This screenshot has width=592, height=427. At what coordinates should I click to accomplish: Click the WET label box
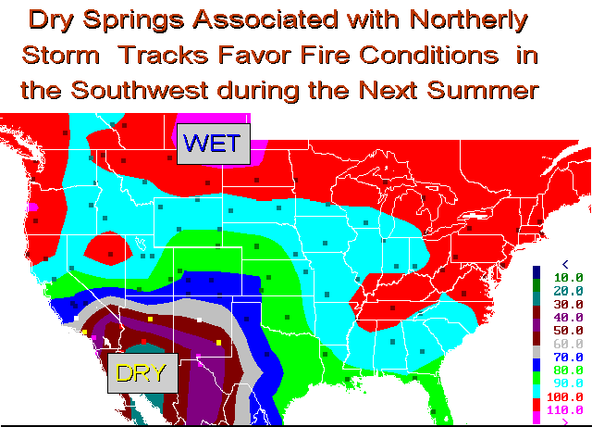click(214, 144)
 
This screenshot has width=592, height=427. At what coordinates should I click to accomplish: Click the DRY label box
click(142, 373)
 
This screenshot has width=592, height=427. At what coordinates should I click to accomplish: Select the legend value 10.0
click(568, 278)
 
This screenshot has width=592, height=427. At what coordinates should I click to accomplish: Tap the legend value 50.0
click(568, 331)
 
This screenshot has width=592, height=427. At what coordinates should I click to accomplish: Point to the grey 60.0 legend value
click(568, 344)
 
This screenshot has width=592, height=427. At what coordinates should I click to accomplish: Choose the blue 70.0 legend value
click(568, 357)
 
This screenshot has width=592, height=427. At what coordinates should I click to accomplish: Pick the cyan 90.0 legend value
click(568, 383)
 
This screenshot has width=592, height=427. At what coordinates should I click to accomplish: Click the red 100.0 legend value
click(565, 396)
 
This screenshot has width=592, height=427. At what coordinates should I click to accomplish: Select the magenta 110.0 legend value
click(565, 410)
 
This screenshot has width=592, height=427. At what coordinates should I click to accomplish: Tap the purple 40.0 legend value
click(568, 318)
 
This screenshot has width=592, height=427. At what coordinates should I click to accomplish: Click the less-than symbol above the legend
click(565, 264)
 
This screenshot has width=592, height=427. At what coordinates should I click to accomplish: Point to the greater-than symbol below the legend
click(565, 421)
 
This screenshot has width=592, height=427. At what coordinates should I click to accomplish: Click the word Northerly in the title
click(468, 20)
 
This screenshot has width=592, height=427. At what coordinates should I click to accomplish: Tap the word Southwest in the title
click(140, 90)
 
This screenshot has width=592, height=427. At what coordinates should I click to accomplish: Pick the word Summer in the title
click(483, 90)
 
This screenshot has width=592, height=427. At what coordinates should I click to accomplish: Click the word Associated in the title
click(265, 19)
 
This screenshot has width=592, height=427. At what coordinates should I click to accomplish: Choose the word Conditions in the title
click(428, 55)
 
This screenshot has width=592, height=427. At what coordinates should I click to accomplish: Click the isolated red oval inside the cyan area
click(108, 248)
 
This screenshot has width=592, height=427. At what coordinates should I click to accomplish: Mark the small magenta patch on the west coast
click(33, 207)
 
